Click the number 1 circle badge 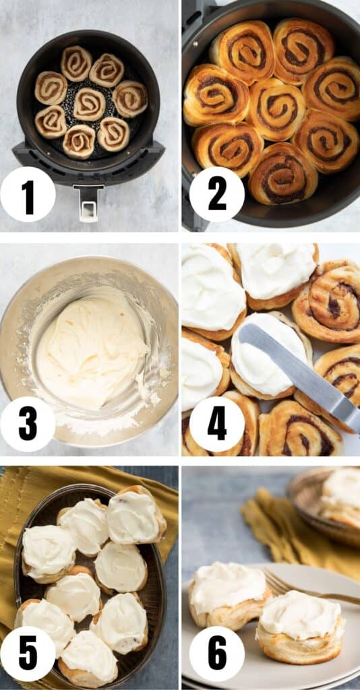[x=28, y=194]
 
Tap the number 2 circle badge [x=217, y=194]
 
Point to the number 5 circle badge [x=28, y=654]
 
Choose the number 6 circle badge [x=217, y=654]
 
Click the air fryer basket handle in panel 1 [x=89, y=202]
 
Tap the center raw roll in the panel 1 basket [x=90, y=104]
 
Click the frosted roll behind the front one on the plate [x=229, y=595]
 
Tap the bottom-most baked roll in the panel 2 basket [x=282, y=173]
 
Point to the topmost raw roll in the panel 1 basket [x=76, y=63]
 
